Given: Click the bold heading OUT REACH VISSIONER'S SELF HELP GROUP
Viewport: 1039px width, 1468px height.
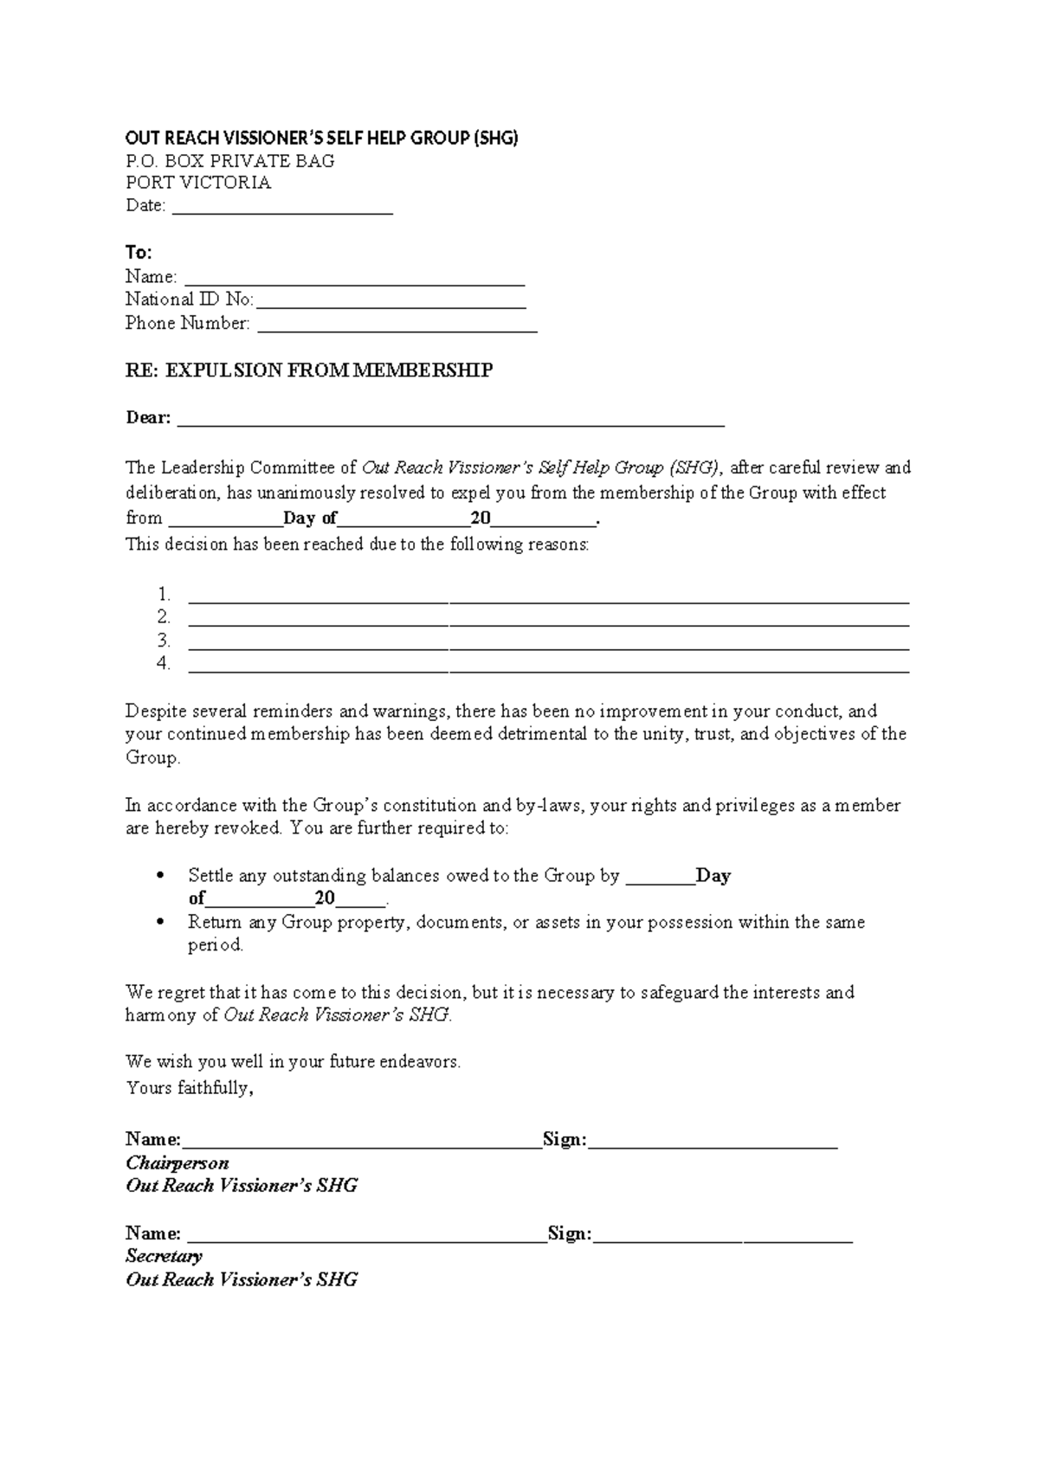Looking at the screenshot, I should click(321, 138).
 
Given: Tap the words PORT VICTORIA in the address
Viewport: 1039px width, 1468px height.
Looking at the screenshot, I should click(198, 183).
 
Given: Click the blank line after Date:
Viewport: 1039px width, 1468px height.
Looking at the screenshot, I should click(282, 208).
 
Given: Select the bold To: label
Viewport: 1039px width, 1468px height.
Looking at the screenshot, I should click(139, 253).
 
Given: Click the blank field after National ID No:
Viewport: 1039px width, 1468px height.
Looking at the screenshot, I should click(390, 302).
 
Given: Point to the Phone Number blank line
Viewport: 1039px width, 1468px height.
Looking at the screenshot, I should click(397, 325).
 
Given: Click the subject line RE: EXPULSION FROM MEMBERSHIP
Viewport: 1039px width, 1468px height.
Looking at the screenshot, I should click(309, 370).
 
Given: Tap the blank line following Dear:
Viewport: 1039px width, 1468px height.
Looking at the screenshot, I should click(450, 421).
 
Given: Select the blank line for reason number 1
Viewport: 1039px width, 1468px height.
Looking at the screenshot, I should click(548, 597).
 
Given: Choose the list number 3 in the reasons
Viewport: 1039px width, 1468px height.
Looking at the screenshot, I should click(164, 641).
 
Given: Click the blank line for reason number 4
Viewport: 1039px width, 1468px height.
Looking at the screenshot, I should click(548, 667).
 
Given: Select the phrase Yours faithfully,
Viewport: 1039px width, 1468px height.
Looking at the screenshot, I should click(190, 1088).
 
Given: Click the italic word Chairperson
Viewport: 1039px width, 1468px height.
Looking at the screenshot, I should click(177, 1162).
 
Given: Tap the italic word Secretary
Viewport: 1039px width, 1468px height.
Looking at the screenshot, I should click(164, 1256).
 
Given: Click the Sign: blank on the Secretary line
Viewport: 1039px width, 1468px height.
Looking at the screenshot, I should click(723, 1238).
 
